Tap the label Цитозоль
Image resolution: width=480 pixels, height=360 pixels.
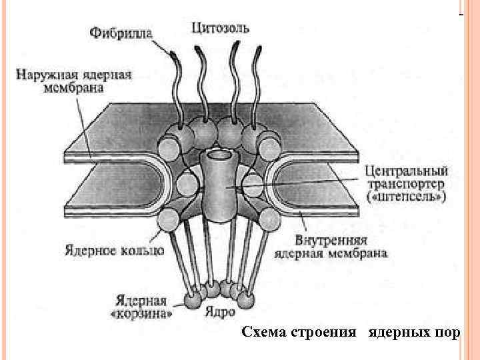click(221, 27)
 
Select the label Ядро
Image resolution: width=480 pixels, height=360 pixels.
click(218, 311)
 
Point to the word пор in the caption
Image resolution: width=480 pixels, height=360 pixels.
click(447, 332)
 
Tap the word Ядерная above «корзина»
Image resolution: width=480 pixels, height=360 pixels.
click(141, 299)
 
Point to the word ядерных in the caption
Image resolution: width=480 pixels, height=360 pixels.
click(399, 332)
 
